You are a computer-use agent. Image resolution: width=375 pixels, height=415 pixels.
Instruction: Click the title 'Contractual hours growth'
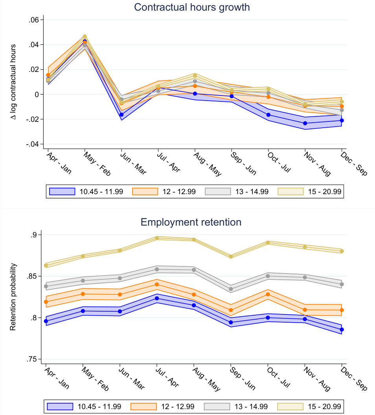pos(192,7)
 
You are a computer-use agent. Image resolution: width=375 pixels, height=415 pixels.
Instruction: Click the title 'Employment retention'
pos(191,222)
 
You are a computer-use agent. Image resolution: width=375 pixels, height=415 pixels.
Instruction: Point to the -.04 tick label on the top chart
pos(32,144)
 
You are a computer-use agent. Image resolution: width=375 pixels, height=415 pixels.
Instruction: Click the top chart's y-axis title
pos(13,82)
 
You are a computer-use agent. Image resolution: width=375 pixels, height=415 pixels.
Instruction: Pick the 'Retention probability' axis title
pos(13,297)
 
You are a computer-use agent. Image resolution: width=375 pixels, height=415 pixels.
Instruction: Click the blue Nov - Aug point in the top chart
pos(305,123)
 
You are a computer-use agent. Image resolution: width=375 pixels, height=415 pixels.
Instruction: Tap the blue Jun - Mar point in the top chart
pos(121,115)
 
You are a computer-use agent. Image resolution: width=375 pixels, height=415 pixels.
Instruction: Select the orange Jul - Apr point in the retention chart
pos(157,285)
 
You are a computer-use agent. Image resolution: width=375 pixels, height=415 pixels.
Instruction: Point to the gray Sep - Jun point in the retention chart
pos(231,289)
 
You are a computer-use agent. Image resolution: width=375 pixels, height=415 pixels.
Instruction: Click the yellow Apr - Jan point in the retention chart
pos(46,266)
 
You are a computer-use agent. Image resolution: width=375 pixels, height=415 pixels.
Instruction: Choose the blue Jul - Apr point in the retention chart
pos(157,298)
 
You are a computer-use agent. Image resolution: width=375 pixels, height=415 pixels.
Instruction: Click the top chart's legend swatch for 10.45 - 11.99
pos(62,191)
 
